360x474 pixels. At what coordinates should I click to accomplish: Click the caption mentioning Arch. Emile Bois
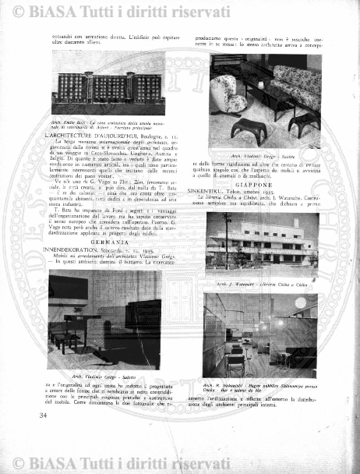click(x=107, y=124)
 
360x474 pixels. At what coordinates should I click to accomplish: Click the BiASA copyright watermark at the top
click(x=180, y=11)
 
